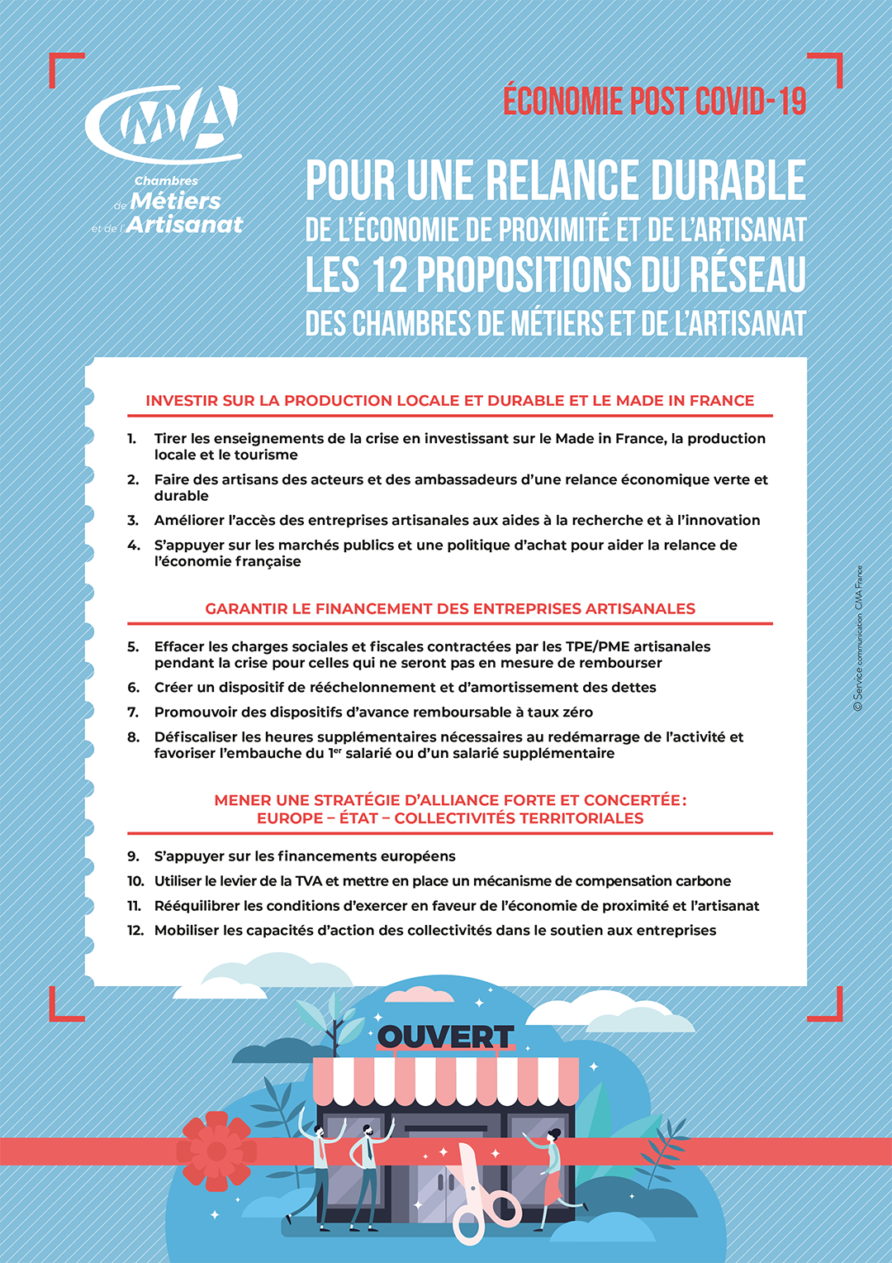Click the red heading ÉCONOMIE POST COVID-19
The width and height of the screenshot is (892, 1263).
(654, 101)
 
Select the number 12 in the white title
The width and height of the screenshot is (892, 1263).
(389, 275)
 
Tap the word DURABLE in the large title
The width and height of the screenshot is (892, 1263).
(728, 181)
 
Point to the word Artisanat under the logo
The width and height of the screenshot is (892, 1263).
(185, 225)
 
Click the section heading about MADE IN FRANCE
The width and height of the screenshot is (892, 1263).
(449, 401)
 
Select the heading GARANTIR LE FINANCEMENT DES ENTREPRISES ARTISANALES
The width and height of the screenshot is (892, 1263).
(449, 609)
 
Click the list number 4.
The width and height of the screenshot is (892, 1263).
(133, 546)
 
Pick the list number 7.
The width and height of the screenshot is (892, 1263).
(133, 713)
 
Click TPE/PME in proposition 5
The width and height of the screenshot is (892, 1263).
(598, 646)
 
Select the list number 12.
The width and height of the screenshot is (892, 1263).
(135, 931)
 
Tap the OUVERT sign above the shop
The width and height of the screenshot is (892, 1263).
(445, 1037)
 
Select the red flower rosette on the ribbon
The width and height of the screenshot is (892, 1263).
(216, 1151)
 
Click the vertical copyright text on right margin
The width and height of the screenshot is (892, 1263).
(858, 637)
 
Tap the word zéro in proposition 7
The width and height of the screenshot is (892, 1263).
(575, 713)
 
